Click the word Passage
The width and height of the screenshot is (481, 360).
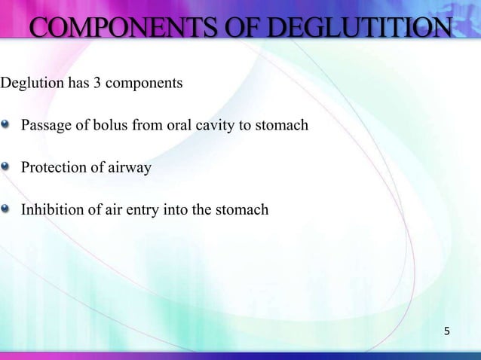(x=44, y=125)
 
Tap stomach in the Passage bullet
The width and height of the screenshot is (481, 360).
(x=282, y=125)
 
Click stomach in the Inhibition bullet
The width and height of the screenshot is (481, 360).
(x=241, y=209)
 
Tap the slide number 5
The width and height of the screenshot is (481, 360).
(x=447, y=331)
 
